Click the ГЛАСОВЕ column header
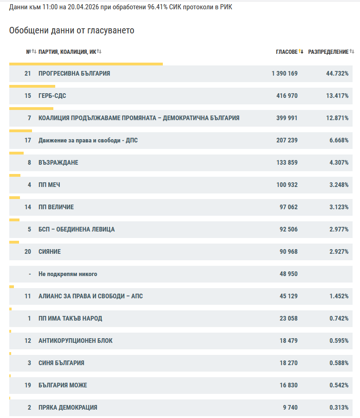tap(286, 51)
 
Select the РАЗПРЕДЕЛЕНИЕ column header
tap(328, 51)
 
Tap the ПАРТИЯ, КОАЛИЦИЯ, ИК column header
tap(67, 51)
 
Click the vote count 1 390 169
tap(284, 73)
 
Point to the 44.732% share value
tap(337, 73)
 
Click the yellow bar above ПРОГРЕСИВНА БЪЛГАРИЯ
tap(86, 64)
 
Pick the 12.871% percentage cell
tap(337, 118)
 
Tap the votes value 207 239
tap(287, 140)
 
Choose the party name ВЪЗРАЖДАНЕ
tap(58, 162)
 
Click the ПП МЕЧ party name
tap(49, 185)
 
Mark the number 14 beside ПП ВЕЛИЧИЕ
tap(28, 207)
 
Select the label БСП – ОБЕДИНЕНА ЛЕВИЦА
tap(77, 229)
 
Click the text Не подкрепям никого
tap(68, 274)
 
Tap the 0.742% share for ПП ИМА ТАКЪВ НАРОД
tap(339, 318)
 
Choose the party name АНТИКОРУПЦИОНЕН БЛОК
tap(76, 341)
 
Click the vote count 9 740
tap(290, 407)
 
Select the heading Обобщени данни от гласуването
tap(71, 31)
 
